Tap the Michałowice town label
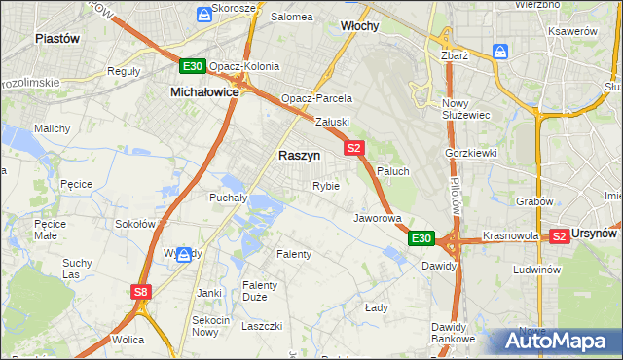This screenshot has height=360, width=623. tap(204, 90)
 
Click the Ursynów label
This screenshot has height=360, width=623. tap(596, 234)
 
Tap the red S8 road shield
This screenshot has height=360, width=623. tap(141, 291)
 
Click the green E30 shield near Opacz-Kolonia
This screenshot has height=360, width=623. tap(192, 66)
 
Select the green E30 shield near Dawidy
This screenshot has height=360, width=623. tap(421, 238)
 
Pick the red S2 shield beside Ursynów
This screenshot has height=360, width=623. tap(559, 235)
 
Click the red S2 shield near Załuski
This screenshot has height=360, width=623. tap(353, 148)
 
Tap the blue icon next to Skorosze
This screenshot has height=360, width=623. tap(203, 13)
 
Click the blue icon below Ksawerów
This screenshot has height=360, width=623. tap(500, 51)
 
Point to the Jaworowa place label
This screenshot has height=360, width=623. tap(377, 218)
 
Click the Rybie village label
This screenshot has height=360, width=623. tap(325, 185)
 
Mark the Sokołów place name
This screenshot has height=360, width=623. tap(135, 223)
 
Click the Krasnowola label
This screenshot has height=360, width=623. tap(511, 236)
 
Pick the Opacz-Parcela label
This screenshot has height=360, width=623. tap(316, 98)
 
